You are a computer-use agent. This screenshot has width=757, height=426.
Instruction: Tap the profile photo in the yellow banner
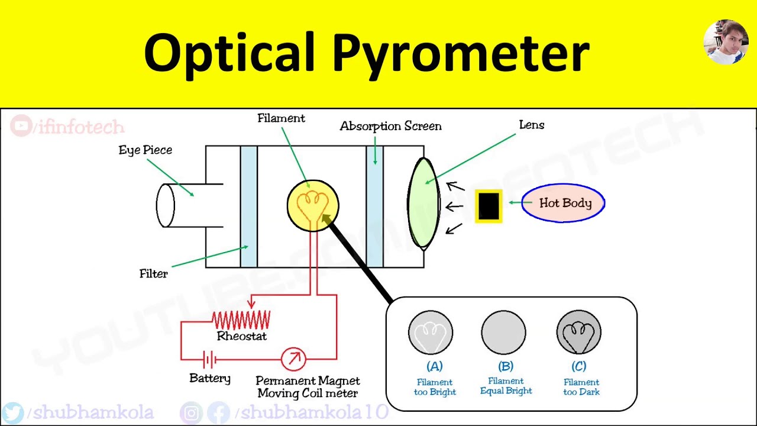pyautogui.click(x=726, y=41)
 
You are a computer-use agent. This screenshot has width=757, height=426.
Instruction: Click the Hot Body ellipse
pyautogui.click(x=563, y=203)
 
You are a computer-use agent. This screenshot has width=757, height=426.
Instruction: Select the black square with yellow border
pyautogui.click(x=489, y=206)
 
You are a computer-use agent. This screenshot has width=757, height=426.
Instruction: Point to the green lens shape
pyautogui.click(x=423, y=202)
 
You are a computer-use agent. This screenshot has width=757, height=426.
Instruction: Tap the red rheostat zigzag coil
pyautogui.click(x=241, y=320)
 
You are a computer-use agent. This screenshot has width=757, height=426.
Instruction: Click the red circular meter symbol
pyautogui.click(x=293, y=359)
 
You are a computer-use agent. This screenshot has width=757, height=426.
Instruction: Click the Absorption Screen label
pyautogui.click(x=390, y=126)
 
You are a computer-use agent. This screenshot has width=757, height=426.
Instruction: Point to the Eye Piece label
pyautogui.click(x=145, y=150)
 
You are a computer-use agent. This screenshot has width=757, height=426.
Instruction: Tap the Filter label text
pyautogui.click(x=154, y=273)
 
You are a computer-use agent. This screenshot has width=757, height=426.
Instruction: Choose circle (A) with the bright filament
pyautogui.click(x=431, y=333)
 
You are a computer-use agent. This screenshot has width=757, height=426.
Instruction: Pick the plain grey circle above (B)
pyautogui.click(x=504, y=333)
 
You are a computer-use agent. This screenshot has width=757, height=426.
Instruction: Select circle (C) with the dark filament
pyautogui.click(x=579, y=333)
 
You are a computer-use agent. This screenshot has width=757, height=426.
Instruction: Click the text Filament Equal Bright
pyautogui.click(x=506, y=386)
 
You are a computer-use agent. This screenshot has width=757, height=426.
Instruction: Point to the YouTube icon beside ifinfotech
pyautogui.click(x=22, y=126)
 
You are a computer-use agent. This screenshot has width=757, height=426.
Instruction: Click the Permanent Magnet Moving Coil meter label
pyautogui.click(x=308, y=387)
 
